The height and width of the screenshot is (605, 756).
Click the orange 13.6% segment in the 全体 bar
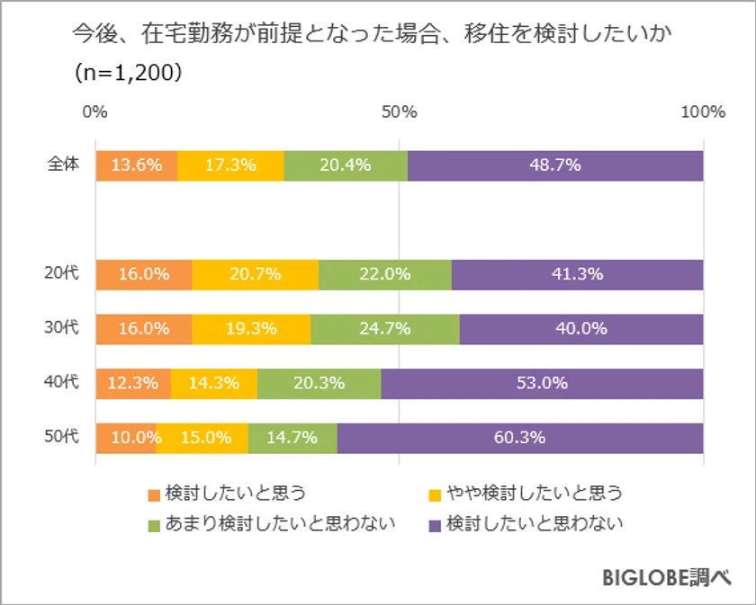136,165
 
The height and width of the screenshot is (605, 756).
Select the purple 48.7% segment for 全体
554,165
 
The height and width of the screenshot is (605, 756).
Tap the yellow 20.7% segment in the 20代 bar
255,274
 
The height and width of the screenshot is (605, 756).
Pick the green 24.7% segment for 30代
384,328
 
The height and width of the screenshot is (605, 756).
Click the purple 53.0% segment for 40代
542,383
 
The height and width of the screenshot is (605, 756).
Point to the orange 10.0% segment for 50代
126,438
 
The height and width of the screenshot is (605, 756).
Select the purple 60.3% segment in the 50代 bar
520,438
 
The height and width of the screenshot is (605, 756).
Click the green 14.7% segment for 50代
292,438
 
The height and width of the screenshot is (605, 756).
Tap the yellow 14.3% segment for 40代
213,383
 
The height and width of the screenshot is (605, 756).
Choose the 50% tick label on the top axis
399,112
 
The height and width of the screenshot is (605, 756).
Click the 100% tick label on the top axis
703,112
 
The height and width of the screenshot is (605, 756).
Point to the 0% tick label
95,112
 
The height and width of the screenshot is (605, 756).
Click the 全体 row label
65,165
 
